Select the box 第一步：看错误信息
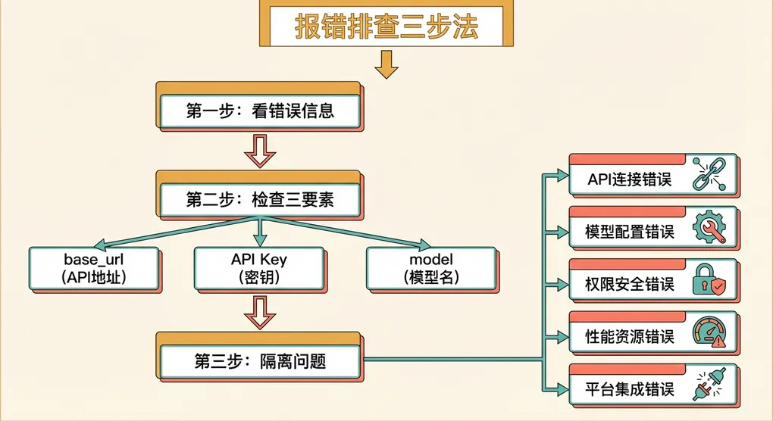260,111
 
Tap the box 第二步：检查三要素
260,200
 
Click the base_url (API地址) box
93,269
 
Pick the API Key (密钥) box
259,269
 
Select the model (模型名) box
430,269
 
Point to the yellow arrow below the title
386,64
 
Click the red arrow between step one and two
260,151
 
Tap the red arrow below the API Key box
260,312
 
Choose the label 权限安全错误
630,285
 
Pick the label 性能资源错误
630,337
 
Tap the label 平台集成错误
630,390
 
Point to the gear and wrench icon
709,228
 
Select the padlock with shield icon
709,282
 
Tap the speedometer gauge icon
709,332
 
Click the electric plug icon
709,387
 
